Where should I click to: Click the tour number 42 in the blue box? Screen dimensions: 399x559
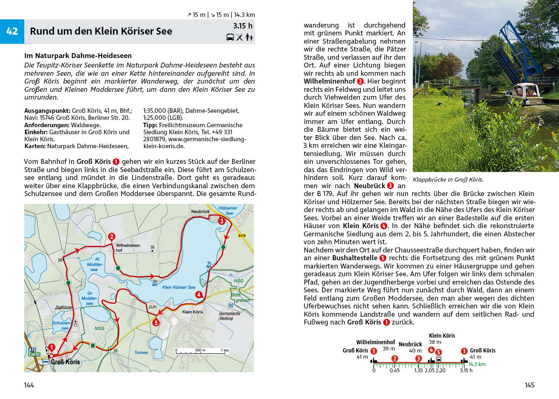[x=12, y=31]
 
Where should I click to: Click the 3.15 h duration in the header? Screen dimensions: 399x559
[x=243, y=26]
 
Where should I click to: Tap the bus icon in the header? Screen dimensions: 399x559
[x=230, y=37]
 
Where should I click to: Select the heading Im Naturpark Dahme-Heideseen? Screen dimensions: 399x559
[x=78, y=56]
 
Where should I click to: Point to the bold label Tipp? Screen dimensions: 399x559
[x=150, y=125]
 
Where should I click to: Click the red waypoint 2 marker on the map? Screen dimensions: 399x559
[x=111, y=236]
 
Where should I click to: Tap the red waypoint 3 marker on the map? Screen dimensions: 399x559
[x=222, y=221]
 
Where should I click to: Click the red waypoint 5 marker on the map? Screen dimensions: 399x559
[x=156, y=323]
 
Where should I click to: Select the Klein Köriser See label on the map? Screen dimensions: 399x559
[x=179, y=287]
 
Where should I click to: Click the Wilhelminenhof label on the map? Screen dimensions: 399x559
[x=128, y=247]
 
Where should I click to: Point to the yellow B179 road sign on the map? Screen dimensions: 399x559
[x=242, y=236]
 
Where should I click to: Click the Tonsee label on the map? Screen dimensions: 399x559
[x=141, y=352]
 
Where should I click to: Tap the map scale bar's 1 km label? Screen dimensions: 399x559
[x=225, y=350]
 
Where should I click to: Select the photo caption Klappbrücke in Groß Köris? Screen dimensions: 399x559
[x=448, y=180]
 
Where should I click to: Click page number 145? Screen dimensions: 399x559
[x=529, y=385]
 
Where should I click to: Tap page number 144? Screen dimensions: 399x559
[x=29, y=385]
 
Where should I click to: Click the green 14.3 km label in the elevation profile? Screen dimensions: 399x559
[x=477, y=364]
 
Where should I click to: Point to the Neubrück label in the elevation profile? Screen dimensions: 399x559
[x=410, y=344]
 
